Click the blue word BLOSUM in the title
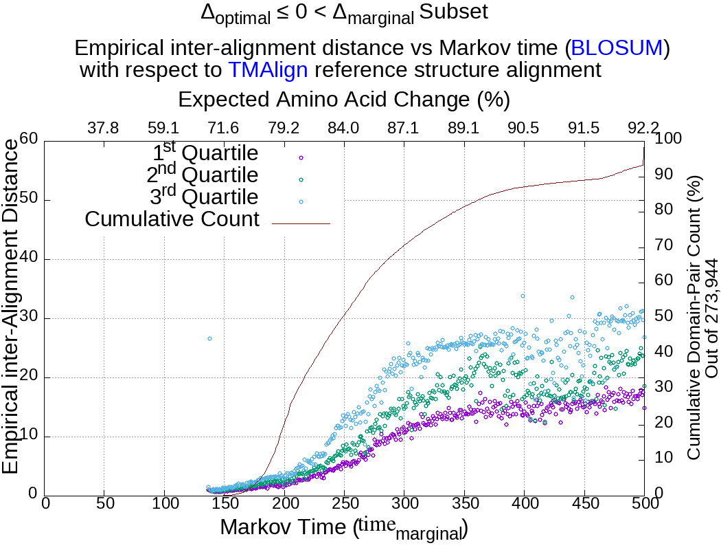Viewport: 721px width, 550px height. pos(617,48)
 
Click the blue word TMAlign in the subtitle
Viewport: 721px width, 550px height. pos(268,69)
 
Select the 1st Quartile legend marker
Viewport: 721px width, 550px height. pos(301,157)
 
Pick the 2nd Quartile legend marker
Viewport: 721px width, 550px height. pos(301,179)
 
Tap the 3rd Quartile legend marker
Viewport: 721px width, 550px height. pos(301,201)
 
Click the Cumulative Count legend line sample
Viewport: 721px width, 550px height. pos(301,223)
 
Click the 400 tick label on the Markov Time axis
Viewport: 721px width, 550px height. pos(524,503)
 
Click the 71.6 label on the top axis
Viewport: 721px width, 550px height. pos(223,128)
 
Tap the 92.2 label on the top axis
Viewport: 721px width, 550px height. pos(643,128)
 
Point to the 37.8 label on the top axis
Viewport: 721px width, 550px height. pos(104,128)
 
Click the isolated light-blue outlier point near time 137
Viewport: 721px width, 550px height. pos(209,338)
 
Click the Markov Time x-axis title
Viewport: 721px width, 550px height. pos(343,528)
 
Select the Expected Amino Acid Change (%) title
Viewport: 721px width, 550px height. pos(343,100)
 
